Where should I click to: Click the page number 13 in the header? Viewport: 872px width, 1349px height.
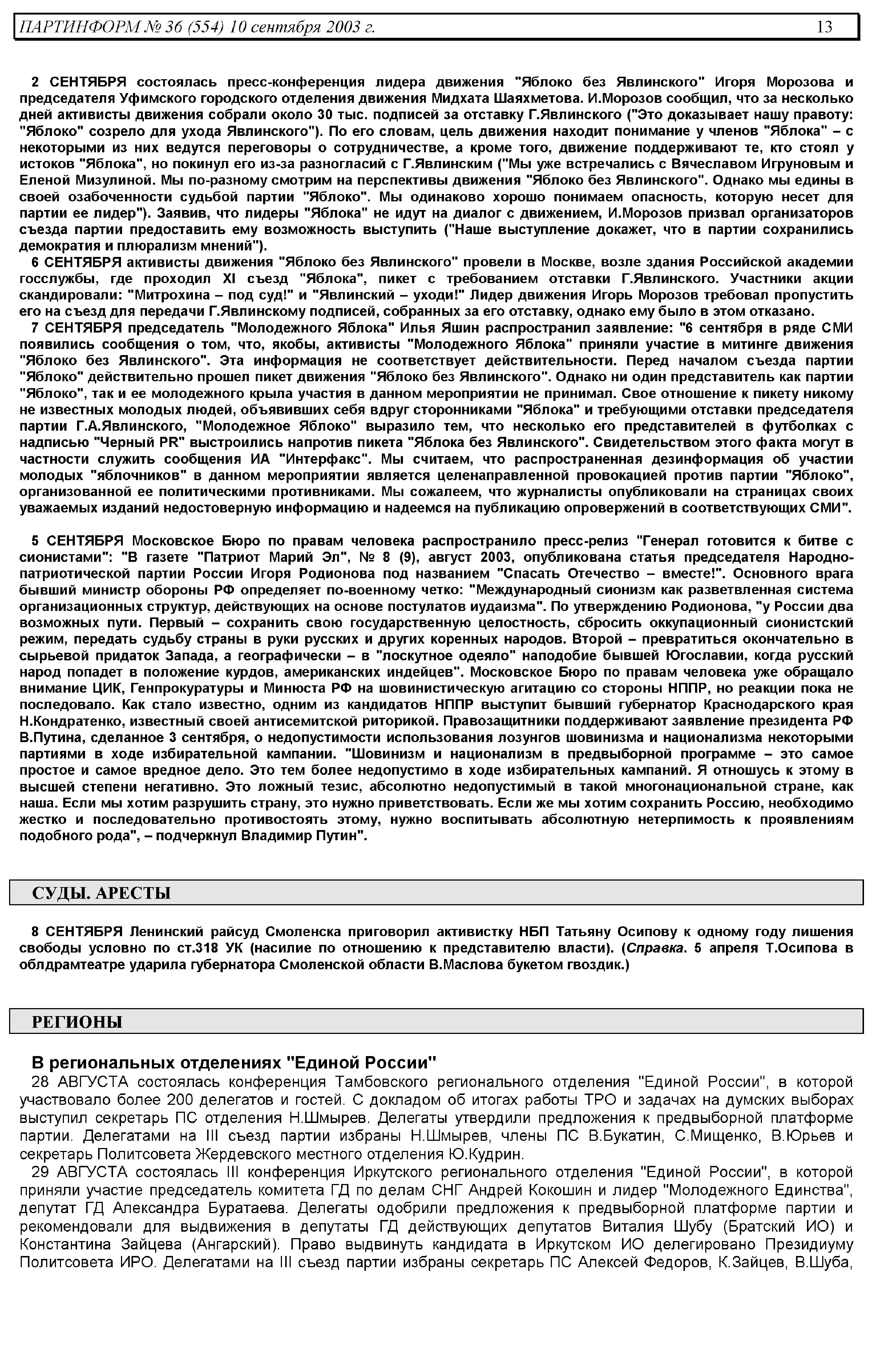824,27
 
